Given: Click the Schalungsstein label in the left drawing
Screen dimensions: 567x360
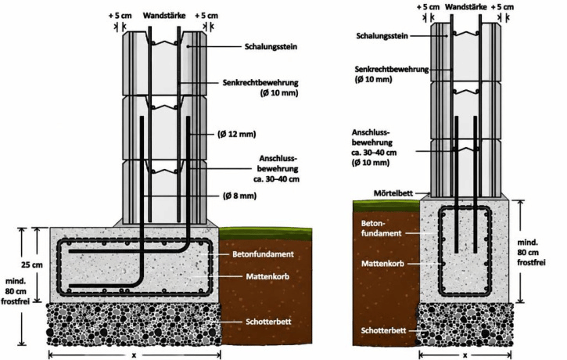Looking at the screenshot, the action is point(271,47).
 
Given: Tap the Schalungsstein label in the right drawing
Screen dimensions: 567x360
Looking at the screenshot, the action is point(382,36).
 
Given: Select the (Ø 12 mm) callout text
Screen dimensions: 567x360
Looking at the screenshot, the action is point(237,135).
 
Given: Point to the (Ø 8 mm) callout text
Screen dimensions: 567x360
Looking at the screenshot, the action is point(239,196).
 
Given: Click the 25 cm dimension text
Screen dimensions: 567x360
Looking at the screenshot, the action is point(32,265).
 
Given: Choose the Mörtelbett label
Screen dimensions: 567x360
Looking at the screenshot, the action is point(393,193).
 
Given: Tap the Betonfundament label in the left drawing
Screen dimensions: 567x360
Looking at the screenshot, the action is point(263,254).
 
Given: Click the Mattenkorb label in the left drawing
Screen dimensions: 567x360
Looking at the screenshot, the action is point(267,277).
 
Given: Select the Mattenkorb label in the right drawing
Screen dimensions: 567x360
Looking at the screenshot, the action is point(382,264).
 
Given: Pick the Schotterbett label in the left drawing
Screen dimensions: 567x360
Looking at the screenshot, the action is point(268,322).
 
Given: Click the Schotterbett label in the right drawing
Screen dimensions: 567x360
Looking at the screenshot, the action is point(384,330).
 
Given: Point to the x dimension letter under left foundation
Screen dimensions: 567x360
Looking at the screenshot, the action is point(135,355).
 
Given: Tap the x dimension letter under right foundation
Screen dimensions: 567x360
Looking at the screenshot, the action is point(465,355).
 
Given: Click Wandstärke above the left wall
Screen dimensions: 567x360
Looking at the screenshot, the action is point(164,16).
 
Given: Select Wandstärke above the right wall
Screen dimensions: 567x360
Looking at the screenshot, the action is point(466,7).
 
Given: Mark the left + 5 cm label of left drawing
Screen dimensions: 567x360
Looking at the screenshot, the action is point(120,16).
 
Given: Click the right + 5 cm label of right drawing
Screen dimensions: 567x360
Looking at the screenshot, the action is point(502,7).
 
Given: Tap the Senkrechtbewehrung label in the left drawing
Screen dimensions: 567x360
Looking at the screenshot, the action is point(260,82).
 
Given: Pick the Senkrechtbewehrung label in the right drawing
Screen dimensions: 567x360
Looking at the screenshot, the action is point(392,69).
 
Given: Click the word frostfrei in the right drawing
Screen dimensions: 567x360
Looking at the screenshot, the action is point(531,262).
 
